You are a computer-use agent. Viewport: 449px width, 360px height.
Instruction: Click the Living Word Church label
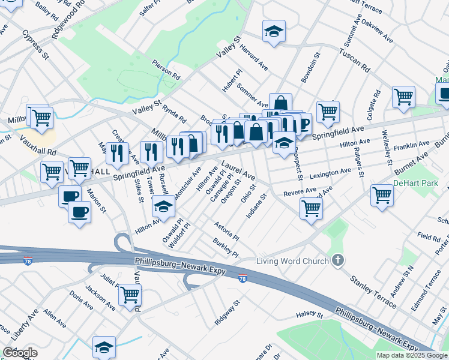(292, 261)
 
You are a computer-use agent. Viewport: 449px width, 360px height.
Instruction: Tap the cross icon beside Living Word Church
(339, 260)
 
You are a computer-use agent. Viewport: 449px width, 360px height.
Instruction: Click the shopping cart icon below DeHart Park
(382, 195)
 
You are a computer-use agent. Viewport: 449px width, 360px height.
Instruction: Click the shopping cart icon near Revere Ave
(311, 208)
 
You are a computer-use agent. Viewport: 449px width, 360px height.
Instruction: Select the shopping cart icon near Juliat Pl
(130, 295)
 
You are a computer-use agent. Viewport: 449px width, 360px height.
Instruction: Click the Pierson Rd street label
(166, 70)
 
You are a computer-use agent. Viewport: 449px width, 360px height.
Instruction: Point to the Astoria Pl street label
(227, 230)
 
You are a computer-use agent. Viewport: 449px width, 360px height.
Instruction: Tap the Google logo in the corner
(20, 353)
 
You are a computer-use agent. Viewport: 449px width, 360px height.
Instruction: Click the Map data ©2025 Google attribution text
(412, 355)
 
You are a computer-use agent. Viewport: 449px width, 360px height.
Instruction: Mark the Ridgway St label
(228, 313)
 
